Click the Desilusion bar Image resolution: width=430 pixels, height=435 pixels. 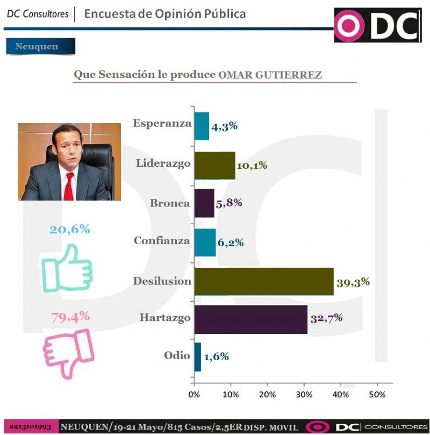click(x=263, y=281)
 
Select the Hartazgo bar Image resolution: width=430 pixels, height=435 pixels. click(x=250, y=319)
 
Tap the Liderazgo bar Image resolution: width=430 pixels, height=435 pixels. click(x=214, y=165)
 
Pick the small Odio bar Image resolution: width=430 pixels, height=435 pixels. click(x=198, y=356)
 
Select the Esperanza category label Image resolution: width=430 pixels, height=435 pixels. click(x=162, y=123)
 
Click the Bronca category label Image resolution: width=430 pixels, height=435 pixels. click(x=170, y=203)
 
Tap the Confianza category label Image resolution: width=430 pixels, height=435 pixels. click(x=162, y=241)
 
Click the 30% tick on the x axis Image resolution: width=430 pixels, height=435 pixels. click(x=304, y=395)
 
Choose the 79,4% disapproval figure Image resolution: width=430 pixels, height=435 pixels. click(x=70, y=317)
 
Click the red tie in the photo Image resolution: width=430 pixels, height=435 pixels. click(x=69, y=186)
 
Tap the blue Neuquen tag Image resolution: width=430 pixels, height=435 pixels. click(x=40, y=47)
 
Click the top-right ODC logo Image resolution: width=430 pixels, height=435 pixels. click(x=377, y=25)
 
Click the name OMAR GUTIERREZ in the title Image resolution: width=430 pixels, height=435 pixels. click(x=270, y=75)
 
